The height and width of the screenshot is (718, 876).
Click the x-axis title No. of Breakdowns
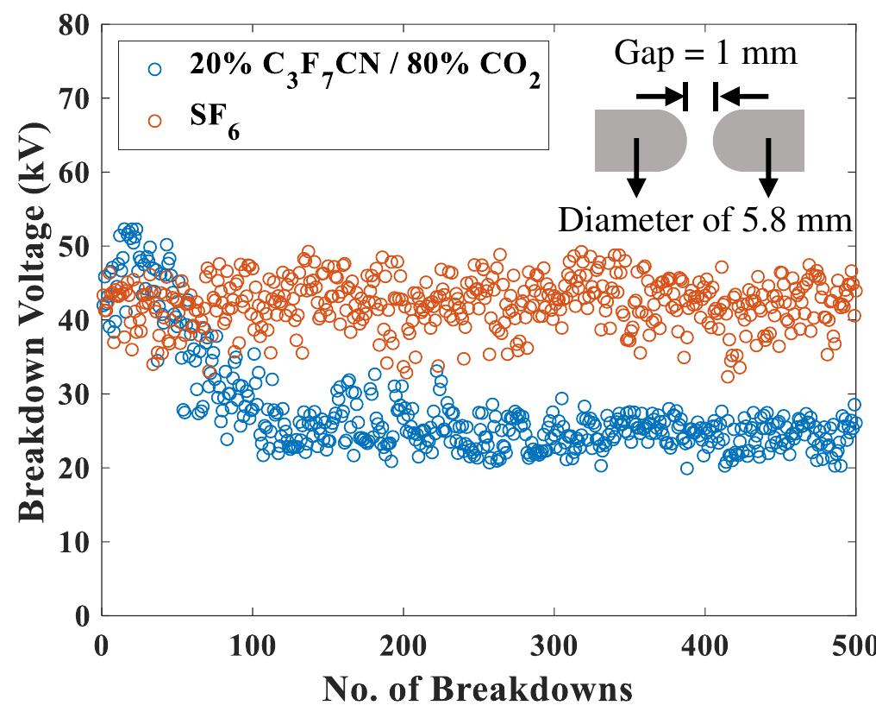pos(478,690)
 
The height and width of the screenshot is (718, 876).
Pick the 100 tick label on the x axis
pos(252,645)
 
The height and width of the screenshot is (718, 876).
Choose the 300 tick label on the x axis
pos(554,645)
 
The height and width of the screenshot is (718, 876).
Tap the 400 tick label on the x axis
pos(704,645)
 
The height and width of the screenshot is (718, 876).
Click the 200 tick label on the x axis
pos(403,645)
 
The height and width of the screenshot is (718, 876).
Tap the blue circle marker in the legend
pos(154,69)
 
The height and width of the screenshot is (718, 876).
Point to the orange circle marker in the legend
pos(154,121)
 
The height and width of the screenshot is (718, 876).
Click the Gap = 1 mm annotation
pos(705,54)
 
